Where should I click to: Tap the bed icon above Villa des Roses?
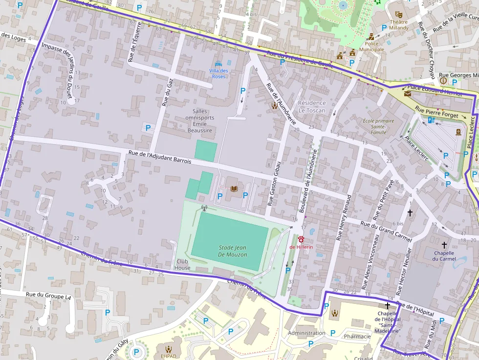218,64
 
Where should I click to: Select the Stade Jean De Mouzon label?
233,251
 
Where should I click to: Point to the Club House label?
182,264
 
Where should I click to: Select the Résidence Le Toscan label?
312,106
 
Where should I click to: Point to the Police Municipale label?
371,46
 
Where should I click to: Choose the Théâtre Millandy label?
398,25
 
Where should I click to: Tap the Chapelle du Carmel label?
444,255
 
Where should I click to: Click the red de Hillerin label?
301,247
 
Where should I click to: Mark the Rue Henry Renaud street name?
344,217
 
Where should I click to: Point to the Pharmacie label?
357,336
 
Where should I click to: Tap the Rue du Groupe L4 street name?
48,296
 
